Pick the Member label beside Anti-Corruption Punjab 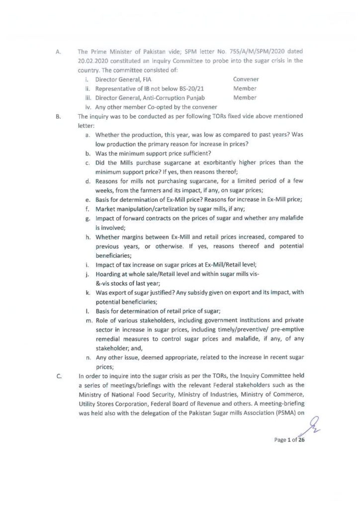(x=245, y=98)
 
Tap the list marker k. (x=88, y=292)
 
